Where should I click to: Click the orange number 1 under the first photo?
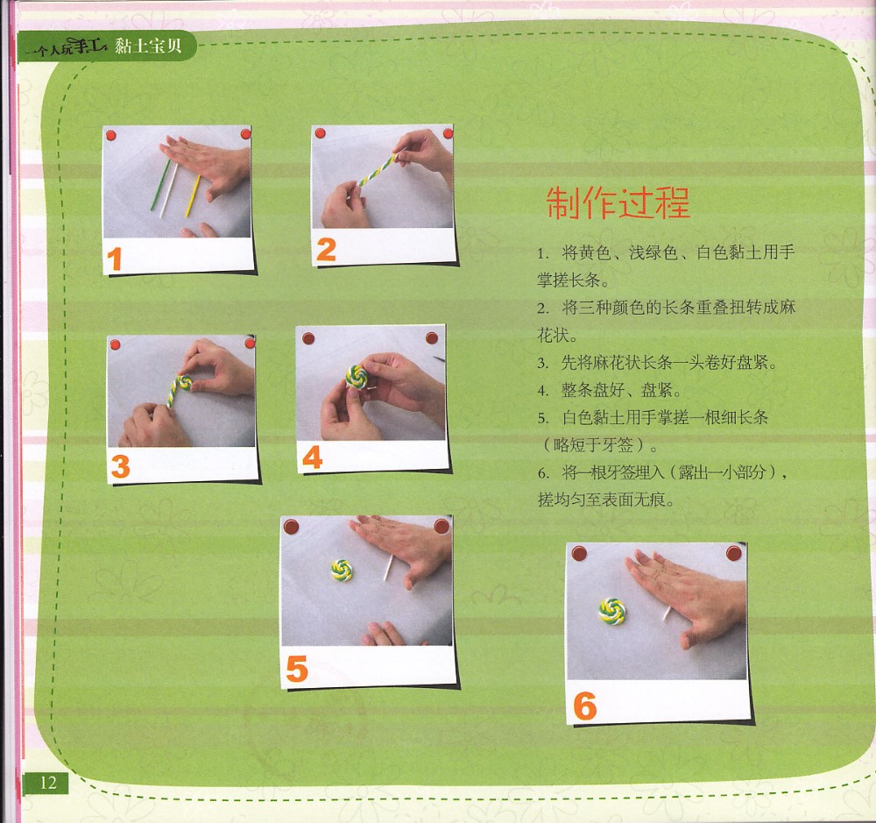pos(115,259)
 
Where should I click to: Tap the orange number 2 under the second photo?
pos(326,250)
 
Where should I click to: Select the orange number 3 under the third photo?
pos(121,466)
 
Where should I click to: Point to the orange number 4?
pos(313,458)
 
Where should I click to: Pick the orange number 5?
pos(297,669)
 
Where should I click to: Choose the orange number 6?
pos(585,706)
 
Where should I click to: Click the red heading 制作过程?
pos(618,202)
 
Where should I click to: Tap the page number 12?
pos(48,782)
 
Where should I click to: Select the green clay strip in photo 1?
pos(160,185)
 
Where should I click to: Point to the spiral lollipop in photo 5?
pos(342,570)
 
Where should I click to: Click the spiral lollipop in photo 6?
pos(612,610)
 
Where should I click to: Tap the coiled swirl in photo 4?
pos(357,376)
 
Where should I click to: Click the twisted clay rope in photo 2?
pos(378,168)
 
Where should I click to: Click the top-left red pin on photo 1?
pos(110,135)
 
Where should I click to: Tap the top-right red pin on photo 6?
pos(733,554)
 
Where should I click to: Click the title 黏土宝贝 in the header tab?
pos(149,46)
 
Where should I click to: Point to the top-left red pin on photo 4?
pos(308,338)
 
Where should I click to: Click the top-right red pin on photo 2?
pos(448,133)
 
